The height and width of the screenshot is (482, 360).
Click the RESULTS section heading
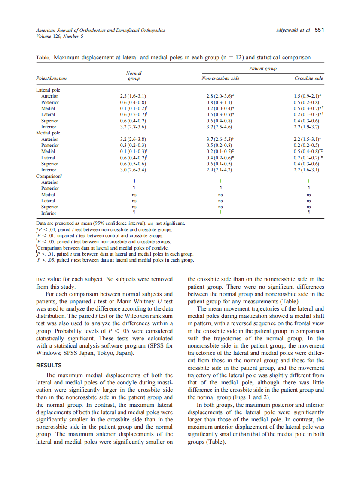[x=49, y=366]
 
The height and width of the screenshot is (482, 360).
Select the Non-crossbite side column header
[x=220, y=79]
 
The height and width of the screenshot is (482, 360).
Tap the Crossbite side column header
[x=309, y=79]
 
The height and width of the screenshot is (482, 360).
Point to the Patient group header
[x=262, y=68]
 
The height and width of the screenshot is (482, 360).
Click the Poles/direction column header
[x=51, y=79]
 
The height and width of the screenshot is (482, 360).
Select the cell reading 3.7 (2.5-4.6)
[x=219, y=127]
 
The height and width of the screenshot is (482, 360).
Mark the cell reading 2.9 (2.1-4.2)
[x=219, y=170]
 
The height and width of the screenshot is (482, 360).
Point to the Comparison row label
[x=47, y=176]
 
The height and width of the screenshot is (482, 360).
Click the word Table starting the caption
[x=43, y=58]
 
